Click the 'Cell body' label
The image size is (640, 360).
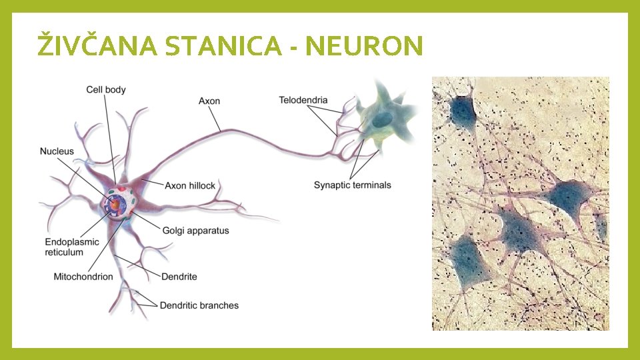[105, 89]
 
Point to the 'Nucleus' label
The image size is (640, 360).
[57, 151]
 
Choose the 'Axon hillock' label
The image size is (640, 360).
[190, 185]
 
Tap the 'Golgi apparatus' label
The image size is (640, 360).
[195, 231]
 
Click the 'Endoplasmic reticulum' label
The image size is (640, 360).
[72, 247]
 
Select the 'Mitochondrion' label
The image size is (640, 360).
[83, 276]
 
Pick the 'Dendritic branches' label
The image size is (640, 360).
[199, 305]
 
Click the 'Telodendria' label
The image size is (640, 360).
[303, 101]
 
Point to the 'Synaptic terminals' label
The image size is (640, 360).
[352, 185]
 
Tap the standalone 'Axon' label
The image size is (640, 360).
[209, 101]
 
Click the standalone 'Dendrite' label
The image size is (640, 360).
[179, 276]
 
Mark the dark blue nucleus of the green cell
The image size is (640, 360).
[383, 120]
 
